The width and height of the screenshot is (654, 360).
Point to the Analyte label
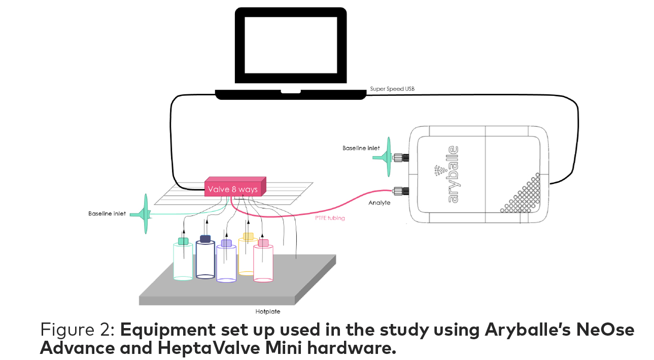pyautogui.click(x=380, y=202)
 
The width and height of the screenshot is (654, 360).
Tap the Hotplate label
pyautogui.click(x=267, y=311)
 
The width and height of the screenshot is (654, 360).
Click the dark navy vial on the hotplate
pyautogui.click(x=205, y=259)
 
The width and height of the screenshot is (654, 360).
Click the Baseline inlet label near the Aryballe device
pyautogui.click(x=361, y=148)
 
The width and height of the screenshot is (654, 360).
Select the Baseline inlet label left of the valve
pyautogui.click(x=107, y=213)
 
